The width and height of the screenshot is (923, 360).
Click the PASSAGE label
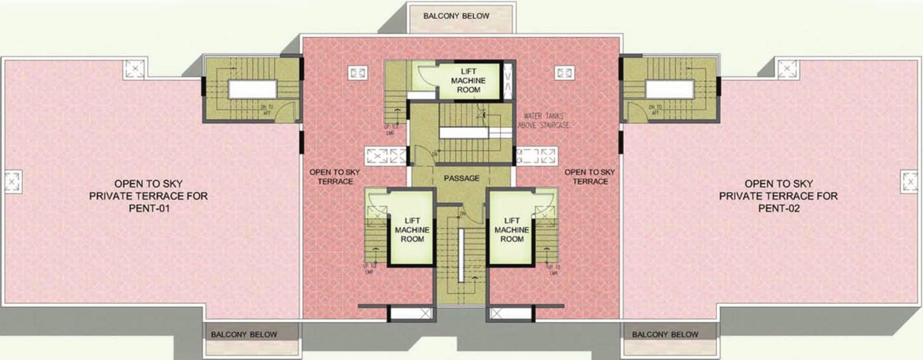pos(461,178)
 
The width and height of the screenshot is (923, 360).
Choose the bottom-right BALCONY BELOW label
pos(665,334)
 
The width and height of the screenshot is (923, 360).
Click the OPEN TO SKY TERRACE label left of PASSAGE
pos(331,176)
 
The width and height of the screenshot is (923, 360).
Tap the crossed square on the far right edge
pos(908,182)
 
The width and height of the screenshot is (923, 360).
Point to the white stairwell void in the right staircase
pos(669,90)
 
